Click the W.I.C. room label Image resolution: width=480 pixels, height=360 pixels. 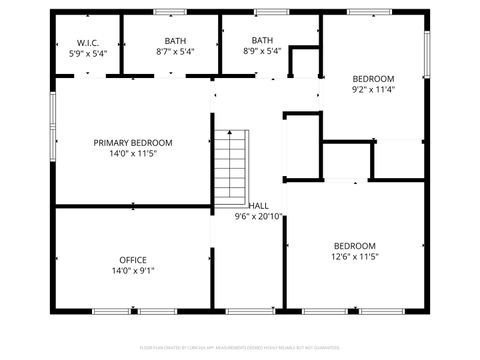coord(87,42)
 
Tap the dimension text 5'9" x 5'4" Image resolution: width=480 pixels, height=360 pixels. coord(87,52)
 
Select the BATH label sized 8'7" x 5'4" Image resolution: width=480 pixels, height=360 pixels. coord(176,41)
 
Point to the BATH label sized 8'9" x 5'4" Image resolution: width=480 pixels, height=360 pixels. coord(262,41)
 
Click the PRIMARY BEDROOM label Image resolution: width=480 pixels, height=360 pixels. coord(133,143)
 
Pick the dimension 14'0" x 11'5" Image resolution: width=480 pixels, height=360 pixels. coord(133,154)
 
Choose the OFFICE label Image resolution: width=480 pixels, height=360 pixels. coord(133,260)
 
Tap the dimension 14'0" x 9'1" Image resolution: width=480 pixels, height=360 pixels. coord(133,271)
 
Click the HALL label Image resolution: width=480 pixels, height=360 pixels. coord(258,205)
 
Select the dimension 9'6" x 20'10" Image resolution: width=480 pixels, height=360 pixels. coord(258,216)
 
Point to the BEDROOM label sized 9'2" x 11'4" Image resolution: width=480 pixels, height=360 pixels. coord(373,78)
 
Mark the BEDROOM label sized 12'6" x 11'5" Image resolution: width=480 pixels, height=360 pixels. coord(355,246)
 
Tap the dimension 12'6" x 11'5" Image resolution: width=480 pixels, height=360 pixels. coord(355,257)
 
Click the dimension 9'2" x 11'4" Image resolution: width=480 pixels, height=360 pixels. coord(373,89)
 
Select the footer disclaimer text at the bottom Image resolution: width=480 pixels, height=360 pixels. coord(240,348)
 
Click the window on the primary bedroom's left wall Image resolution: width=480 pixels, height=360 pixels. coord(53,126)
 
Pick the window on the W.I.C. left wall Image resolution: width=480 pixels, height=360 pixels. coord(53,46)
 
